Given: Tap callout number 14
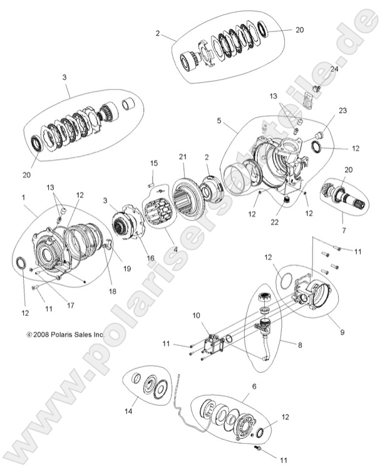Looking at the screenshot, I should [128, 411].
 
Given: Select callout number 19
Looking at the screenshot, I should [126, 268].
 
